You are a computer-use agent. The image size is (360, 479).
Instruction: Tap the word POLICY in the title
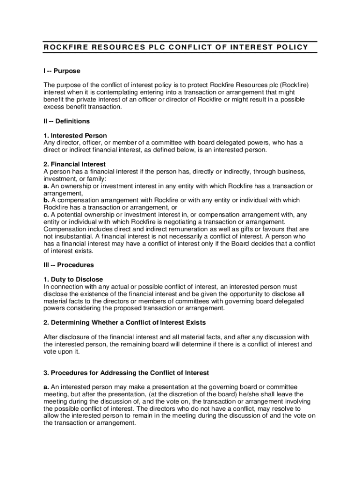coord(291,47)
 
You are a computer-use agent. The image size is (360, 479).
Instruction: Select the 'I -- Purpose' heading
coord(62,71)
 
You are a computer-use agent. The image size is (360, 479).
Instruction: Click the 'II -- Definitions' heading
coord(66,121)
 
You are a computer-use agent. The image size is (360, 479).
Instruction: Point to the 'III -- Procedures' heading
coord(69,265)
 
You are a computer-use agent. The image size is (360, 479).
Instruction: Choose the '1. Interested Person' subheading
coord(75,136)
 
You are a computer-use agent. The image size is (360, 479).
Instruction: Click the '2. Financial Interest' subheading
coord(75,165)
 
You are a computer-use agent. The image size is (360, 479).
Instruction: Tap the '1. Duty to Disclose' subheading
coord(73,279)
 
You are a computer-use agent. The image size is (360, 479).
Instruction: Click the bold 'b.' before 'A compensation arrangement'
coord(47,200)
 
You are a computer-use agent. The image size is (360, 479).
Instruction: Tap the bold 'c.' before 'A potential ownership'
coord(46,215)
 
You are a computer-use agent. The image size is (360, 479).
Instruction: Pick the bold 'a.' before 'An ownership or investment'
coord(47,186)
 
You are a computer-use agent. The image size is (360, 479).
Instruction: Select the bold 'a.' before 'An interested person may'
coord(47,387)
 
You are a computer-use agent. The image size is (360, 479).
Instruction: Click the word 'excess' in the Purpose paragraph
coord(54,107)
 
